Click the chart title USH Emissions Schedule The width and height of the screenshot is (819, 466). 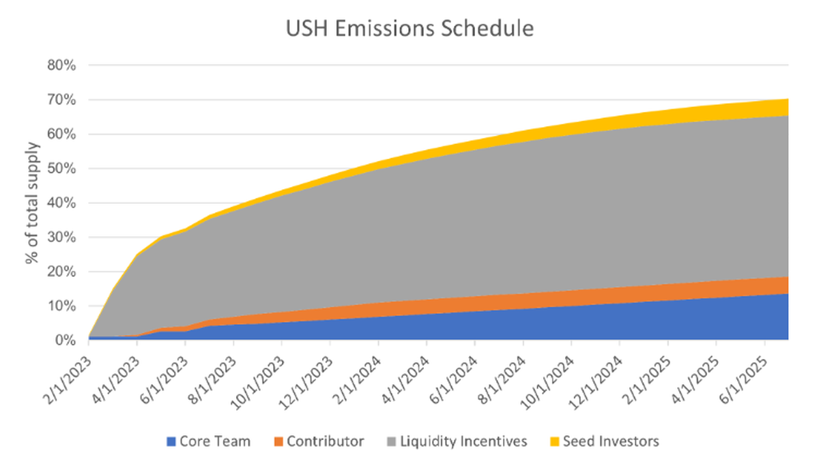(x=409, y=29)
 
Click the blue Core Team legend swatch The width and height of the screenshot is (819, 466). (x=171, y=441)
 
